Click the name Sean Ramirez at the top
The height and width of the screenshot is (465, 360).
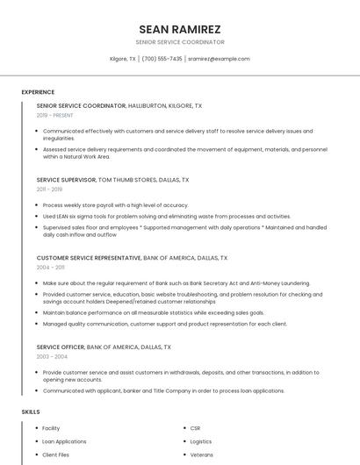180,29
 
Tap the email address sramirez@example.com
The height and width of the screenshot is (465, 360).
219,59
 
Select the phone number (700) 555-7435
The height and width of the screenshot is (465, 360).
162,59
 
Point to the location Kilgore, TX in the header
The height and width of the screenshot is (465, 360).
123,59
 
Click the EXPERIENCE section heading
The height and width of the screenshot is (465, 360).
38,92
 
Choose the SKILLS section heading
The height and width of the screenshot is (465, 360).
31,411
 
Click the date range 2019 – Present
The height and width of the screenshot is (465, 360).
55,115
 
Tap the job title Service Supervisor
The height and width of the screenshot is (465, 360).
67,179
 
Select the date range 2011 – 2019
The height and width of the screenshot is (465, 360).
49,189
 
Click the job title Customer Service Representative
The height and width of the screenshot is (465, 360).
89,258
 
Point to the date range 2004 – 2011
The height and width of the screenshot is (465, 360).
51,268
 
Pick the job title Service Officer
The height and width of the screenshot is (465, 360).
61,347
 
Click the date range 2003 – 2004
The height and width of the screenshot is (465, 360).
51,356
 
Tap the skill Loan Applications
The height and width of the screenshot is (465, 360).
64,441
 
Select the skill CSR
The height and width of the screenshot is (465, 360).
195,428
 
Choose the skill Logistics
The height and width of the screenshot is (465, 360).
201,441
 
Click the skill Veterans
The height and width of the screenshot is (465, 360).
201,455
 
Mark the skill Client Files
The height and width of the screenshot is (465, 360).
56,455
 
